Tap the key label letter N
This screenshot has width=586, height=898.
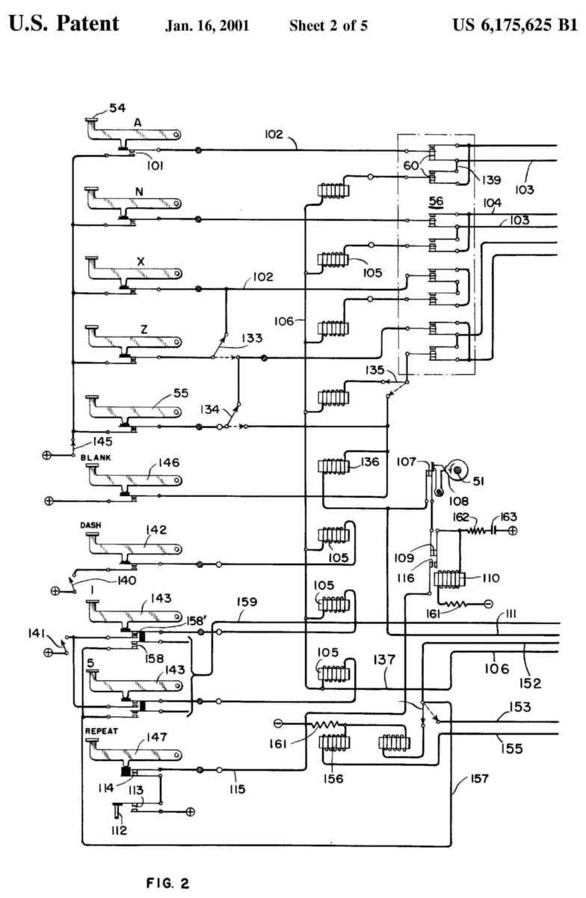140,191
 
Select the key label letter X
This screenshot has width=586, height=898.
140,261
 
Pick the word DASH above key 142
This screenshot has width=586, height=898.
90,526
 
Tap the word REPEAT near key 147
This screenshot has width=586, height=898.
102,728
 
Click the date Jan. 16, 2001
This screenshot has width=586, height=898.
206,25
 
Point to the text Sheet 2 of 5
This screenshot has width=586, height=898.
328,25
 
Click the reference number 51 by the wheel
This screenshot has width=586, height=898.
478,482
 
